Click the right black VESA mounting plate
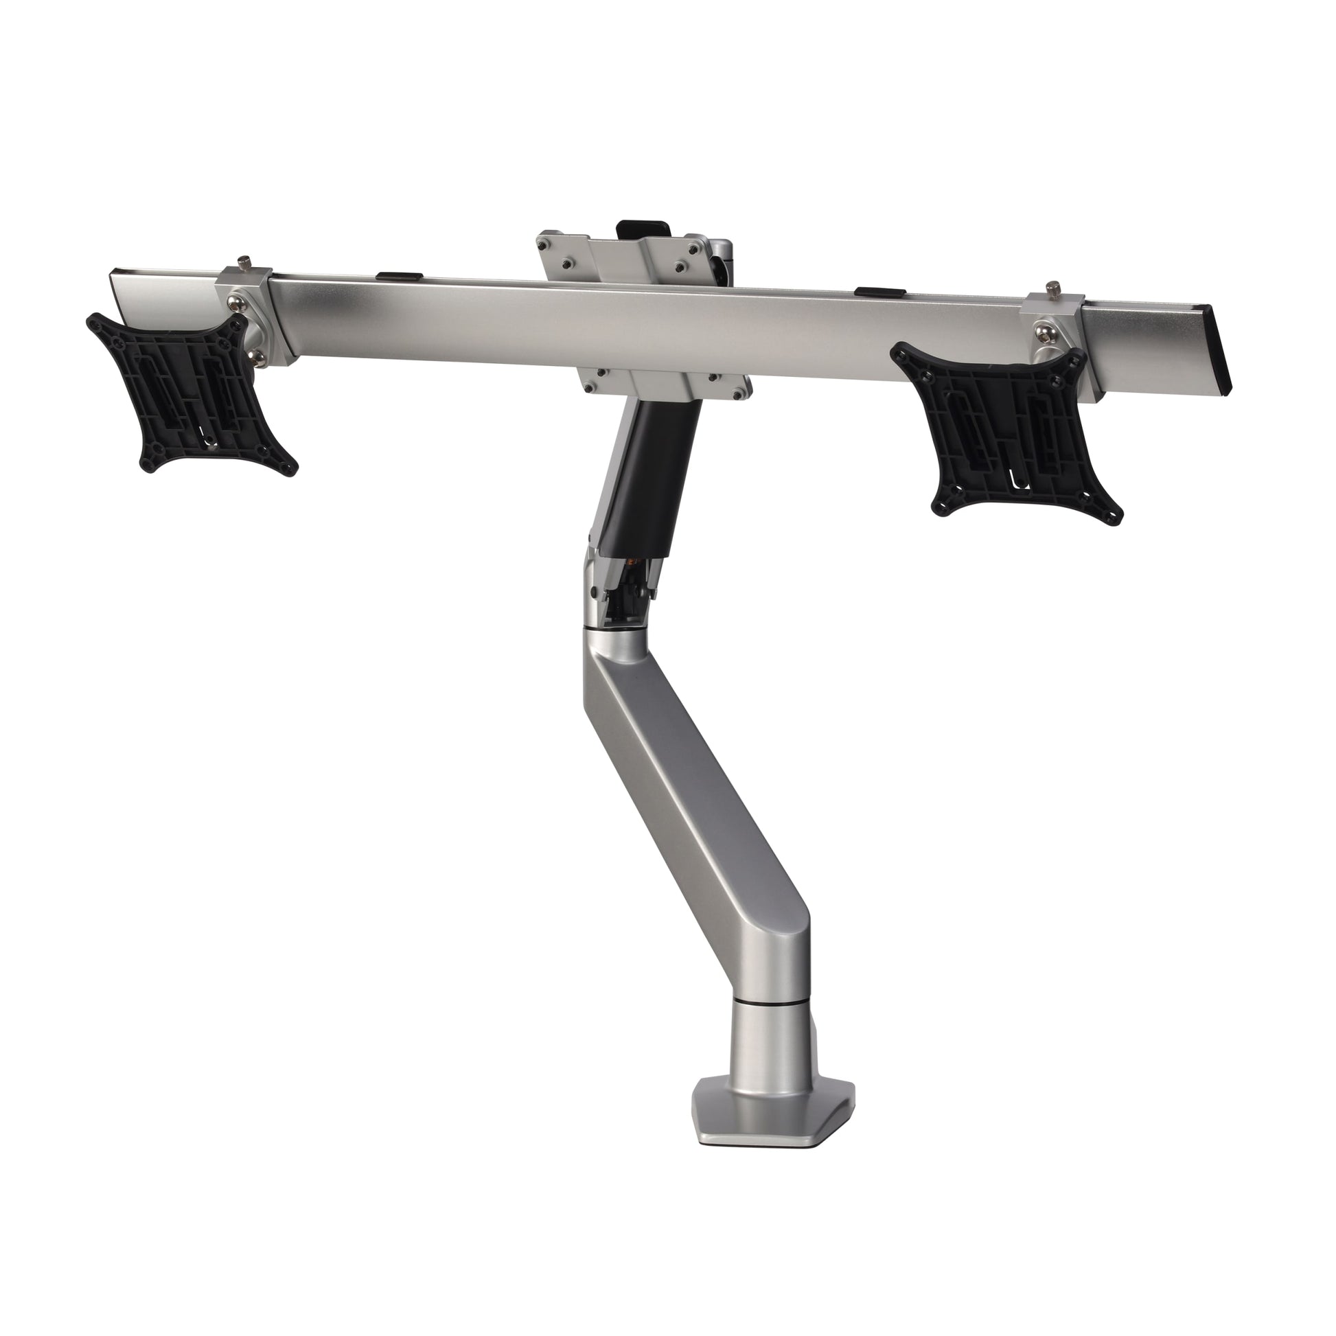1003,428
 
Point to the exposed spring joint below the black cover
623,588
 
